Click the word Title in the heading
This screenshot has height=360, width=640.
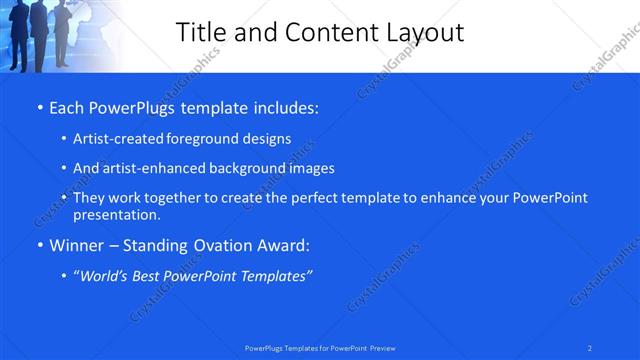point(200,32)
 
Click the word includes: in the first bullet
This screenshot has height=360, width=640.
point(282,105)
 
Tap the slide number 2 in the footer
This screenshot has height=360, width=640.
point(590,347)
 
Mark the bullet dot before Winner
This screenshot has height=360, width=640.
point(39,246)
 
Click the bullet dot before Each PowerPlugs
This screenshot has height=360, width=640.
point(39,106)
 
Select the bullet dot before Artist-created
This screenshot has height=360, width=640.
point(64,139)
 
